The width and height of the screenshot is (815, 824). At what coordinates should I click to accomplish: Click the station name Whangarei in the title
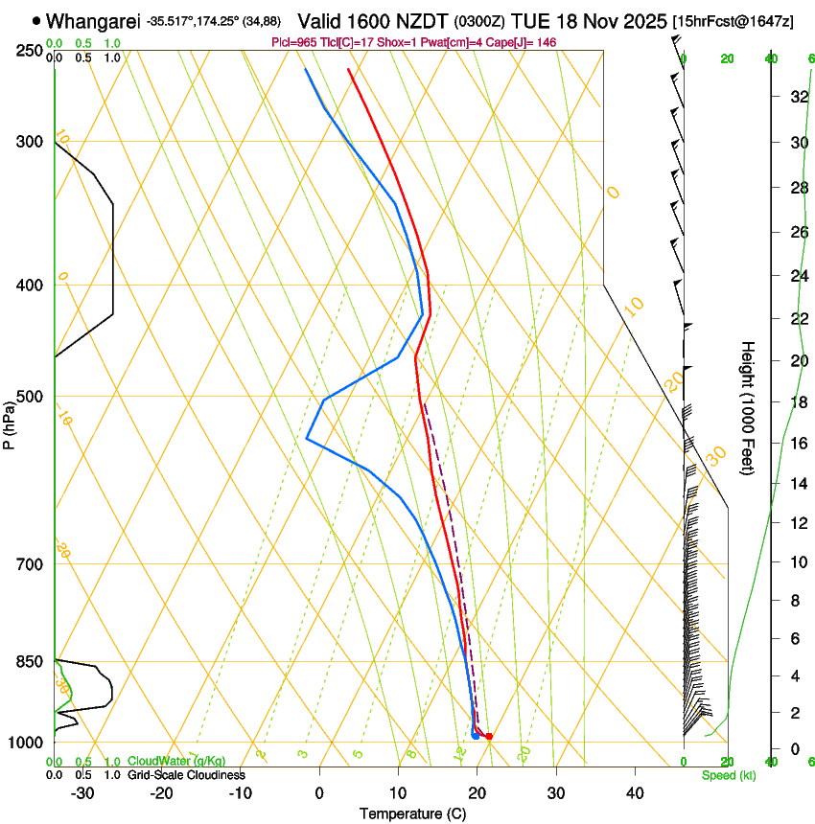click(x=92, y=21)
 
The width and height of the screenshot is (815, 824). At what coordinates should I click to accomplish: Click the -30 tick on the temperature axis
click(x=82, y=792)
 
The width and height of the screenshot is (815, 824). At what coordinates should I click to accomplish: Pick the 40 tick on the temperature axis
click(x=635, y=792)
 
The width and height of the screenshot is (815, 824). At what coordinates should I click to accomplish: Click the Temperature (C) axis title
click(x=412, y=814)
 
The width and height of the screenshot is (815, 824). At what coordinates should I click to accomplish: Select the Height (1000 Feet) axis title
click(x=748, y=407)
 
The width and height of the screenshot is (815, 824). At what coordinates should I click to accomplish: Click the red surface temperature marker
click(x=489, y=736)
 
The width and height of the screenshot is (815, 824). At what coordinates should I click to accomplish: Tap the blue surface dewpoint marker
click(x=476, y=736)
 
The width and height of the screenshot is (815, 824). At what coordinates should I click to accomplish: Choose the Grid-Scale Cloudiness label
click(x=186, y=774)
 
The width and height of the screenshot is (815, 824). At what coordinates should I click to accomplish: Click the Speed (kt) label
click(x=728, y=775)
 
